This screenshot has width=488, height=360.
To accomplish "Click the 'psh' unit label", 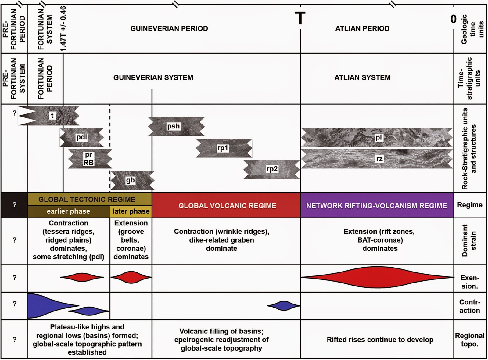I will [x=173, y=126].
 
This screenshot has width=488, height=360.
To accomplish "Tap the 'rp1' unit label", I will [x=223, y=148].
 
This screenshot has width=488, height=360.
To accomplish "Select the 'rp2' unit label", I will [x=272, y=169].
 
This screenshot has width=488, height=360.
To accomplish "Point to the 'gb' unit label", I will [x=130, y=180].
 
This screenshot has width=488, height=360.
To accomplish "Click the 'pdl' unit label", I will [x=81, y=137].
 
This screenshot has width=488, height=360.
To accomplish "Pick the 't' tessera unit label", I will [x=52, y=116].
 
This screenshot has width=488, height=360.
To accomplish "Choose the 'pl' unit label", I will [x=379, y=138].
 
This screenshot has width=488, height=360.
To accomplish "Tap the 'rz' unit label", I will [x=379, y=159].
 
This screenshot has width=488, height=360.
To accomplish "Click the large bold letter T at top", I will [x=300, y=18].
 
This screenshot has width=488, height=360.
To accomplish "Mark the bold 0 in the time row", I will [x=454, y=19].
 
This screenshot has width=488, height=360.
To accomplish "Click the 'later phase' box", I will [x=131, y=211].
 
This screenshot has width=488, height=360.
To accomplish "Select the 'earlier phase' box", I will [x=68, y=211].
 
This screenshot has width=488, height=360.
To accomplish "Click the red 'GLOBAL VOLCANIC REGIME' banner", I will [x=227, y=206].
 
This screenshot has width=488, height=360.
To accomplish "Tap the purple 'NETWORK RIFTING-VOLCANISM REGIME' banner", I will [x=376, y=206].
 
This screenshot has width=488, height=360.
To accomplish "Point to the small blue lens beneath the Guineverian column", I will [x=284, y=305].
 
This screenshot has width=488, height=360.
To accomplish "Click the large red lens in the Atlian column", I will [x=377, y=277].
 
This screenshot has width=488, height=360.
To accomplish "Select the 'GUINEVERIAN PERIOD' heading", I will [x=169, y=28].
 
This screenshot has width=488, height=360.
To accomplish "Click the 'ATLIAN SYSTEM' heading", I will [x=362, y=77].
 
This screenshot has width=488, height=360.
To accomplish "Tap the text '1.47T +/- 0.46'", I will [x=63, y=29].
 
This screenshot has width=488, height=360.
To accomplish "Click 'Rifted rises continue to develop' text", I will [x=380, y=340].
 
